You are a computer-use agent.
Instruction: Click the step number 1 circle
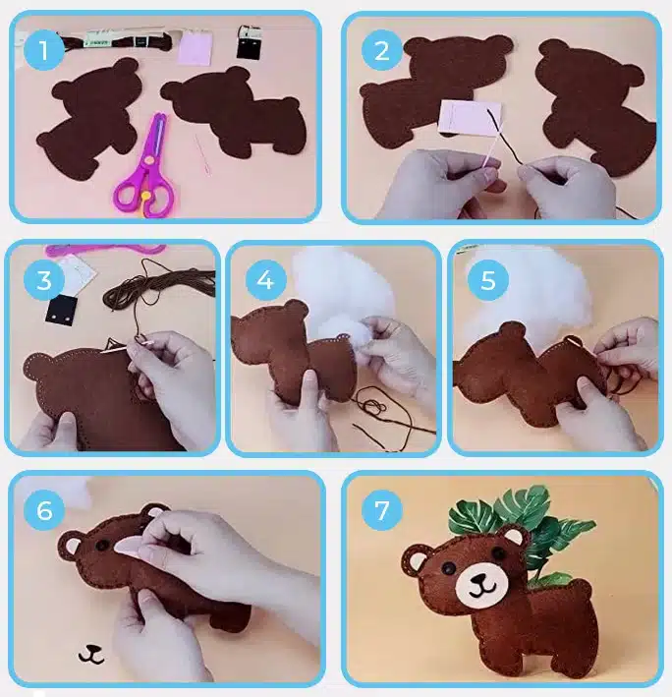click(x=43, y=50)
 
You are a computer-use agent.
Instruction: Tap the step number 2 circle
click(x=382, y=50)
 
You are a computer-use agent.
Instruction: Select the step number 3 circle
click(x=44, y=280)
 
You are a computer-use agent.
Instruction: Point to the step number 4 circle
click(x=265, y=280)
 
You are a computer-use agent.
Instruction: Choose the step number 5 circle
click(x=487, y=280)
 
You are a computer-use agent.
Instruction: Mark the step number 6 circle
click(x=44, y=510)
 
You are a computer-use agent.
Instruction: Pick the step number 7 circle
click(x=382, y=510)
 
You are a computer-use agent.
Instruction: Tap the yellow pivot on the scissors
click(x=144, y=195)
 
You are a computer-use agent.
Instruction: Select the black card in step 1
click(x=248, y=42)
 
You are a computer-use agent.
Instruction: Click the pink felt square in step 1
click(x=195, y=47)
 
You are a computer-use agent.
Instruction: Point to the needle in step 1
click(x=201, y=155)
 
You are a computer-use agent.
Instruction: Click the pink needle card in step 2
click(x=470, y=117)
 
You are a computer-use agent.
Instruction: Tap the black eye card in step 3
click(x=62, y=311)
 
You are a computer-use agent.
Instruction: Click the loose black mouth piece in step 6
click(x=91, y=654)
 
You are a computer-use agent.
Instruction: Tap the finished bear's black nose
click(x=478, y=578)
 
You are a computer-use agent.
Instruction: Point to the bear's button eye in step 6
click(x=102, y=545)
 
